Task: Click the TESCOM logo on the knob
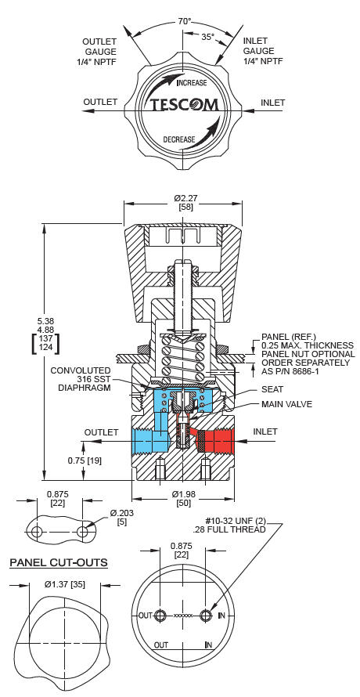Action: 185,105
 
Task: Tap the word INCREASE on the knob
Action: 192,83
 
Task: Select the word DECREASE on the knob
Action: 179,139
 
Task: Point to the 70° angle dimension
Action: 185,21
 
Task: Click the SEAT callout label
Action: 272,389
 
